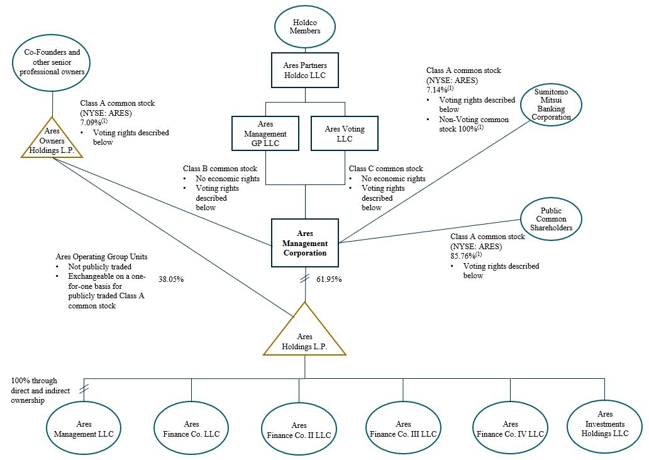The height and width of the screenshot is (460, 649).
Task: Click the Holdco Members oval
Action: [x=306, y=26]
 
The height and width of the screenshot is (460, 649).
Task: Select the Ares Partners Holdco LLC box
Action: [x=306, y=70]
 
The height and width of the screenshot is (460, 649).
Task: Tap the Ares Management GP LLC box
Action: [x=265, y=133]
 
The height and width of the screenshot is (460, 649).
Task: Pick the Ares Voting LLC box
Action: [x=344, y=133]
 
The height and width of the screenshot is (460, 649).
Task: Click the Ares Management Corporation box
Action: [x=305, y=244]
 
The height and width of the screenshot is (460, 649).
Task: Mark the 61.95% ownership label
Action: [x=329, y=279]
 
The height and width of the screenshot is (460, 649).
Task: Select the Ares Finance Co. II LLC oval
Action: [x=297, y=430]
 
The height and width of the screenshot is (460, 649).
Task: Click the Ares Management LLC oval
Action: [x=84, y=429]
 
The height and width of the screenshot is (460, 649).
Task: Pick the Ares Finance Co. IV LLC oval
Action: [x=510, y=429]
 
